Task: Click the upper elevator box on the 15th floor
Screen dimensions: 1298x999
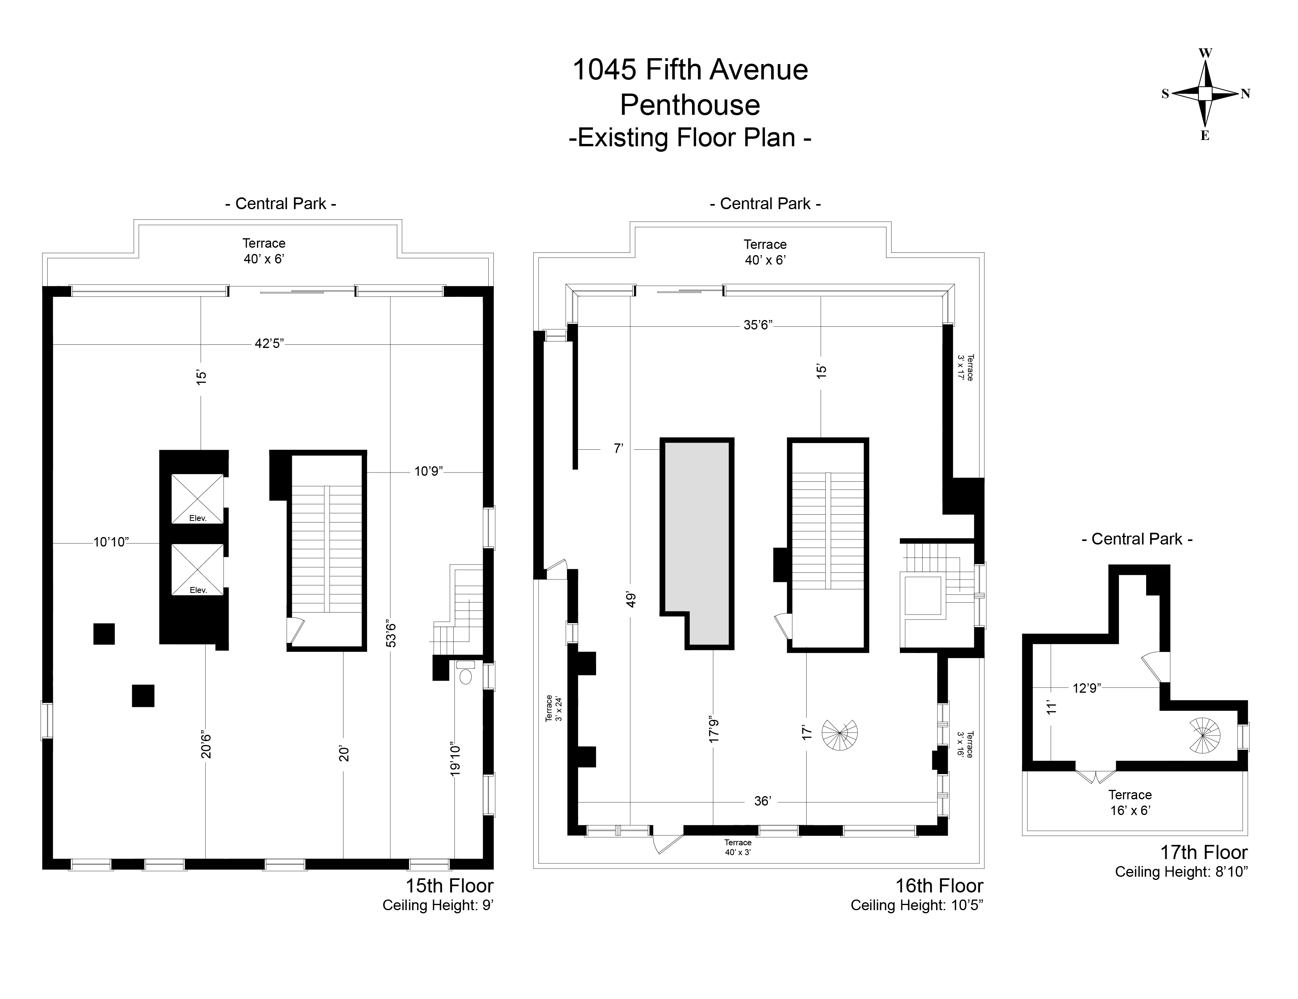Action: click(197, 498)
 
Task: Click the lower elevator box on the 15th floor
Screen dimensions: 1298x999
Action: click(197, 569)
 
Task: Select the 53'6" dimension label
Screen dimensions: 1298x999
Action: click(390, 634)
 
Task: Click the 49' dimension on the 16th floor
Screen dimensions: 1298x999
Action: click(631, 599)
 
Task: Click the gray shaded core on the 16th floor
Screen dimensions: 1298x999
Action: click(696, 535)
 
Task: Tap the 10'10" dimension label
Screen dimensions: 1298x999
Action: click(111, 542)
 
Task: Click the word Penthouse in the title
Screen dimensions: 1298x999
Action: click(690, 105)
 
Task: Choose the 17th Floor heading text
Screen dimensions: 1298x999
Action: click(1204, 852)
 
